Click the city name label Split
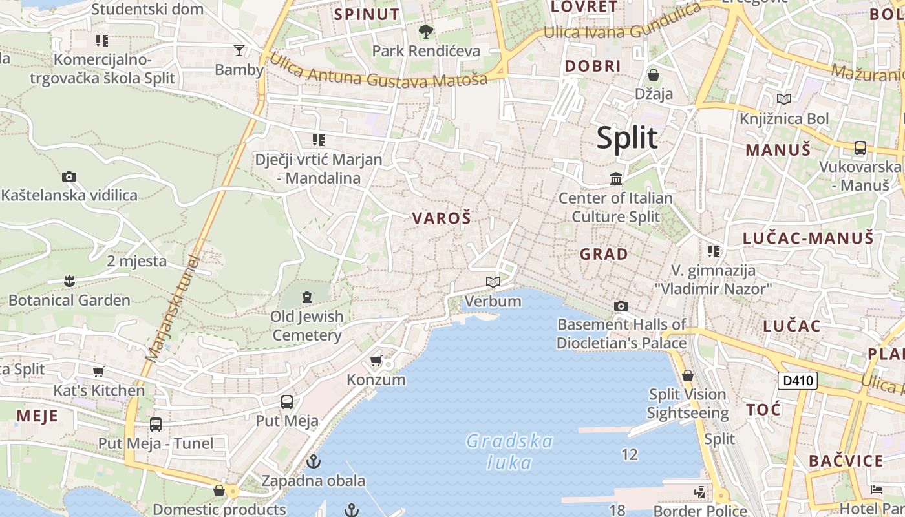coord(627,138)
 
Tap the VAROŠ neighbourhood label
coord(442,218)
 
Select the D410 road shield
coord(797,381)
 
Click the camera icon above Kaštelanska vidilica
coord(69,176)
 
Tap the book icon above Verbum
coord(493,282)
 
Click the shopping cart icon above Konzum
coord(376,361)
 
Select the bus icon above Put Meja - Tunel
coord(156,425)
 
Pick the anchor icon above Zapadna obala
coord(314,461)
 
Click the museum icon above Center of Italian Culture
coord(616,178)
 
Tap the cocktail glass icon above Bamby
coord(239,50)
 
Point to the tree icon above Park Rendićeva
coord(426,31)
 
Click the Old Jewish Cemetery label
coord(307,326)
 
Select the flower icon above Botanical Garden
coord(69,281)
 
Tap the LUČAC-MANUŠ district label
coord(808,238)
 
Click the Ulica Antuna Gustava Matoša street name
coord(378,73)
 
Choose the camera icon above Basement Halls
coord(621,306)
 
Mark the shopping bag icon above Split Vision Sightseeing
coord(688,375)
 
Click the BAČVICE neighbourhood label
coord(846,461)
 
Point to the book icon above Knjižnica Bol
coord(784,99)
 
